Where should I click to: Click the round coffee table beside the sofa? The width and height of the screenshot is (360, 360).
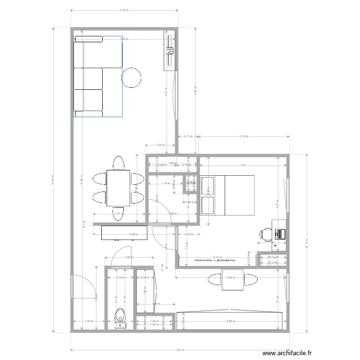point(132,78)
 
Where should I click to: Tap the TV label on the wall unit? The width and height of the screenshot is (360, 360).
point(169,49)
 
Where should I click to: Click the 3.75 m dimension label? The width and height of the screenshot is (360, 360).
point(244,136)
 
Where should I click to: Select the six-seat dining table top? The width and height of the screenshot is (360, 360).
point(118,187)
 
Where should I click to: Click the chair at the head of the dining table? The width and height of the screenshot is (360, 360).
point(118,161)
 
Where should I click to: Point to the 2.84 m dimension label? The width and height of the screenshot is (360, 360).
point(133,234)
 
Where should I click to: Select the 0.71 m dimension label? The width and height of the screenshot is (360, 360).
point(188,136)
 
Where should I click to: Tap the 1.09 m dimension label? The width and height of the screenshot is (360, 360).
point(88,321)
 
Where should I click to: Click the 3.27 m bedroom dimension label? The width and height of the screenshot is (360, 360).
point(277,203)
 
